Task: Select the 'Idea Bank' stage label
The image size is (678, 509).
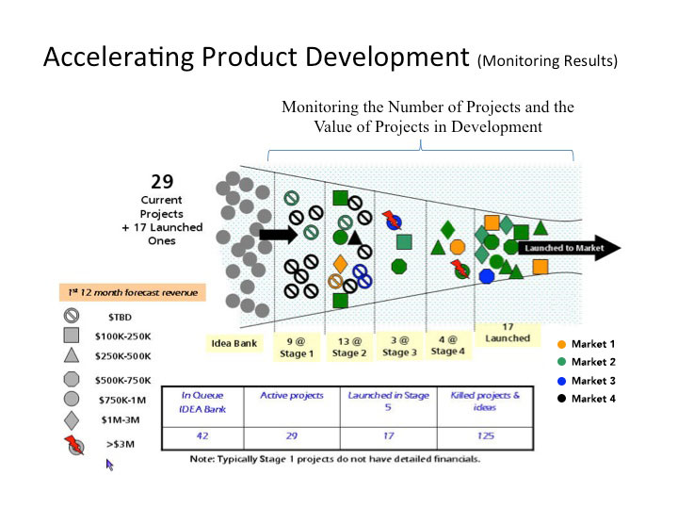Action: tap(234, 343)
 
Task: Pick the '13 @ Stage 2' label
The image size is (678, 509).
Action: tap(349, 347)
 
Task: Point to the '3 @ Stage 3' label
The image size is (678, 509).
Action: tap(399, 347)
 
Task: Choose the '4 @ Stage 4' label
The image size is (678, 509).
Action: tap(448, 345)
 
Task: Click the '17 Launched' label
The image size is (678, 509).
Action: tap(507, 332)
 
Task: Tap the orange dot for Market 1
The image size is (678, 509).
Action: tap(561, 345)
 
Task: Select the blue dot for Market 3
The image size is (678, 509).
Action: tap(561, 381)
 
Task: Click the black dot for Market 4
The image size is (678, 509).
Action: tap(561, 398)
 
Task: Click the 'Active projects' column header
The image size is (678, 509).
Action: tap(292, 396)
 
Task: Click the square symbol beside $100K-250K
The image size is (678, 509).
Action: tap(70, 335)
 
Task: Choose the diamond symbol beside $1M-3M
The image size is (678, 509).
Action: tap(70, 419)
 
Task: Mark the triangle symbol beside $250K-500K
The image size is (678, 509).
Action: tap(70, 355)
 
